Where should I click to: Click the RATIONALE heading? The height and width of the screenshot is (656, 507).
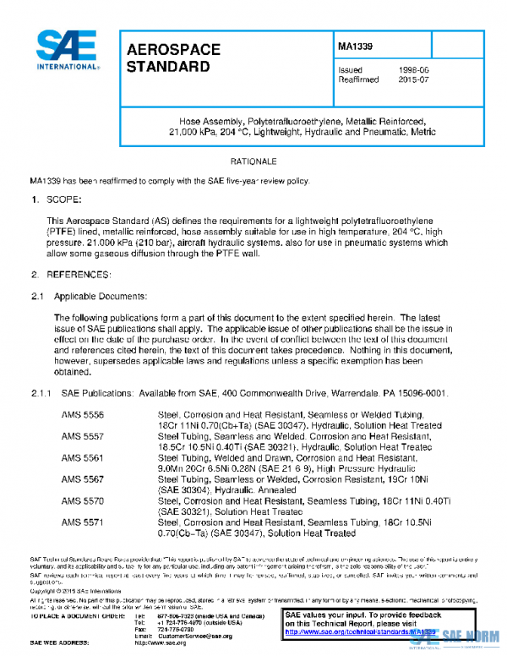tap(253, 161)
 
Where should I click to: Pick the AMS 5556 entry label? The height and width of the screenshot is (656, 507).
tap(83, 414)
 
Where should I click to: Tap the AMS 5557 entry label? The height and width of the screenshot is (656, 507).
tap(83, 435)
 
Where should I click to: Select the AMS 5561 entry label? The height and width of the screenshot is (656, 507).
tap(83, 457)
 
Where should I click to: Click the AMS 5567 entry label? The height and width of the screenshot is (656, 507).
tap(83, 479)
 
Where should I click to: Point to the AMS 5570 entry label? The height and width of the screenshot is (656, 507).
tap(83, 501)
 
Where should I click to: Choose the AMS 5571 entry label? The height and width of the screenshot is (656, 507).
tap(83, 523)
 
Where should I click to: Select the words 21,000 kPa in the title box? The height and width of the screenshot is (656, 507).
tap(192, 133)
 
